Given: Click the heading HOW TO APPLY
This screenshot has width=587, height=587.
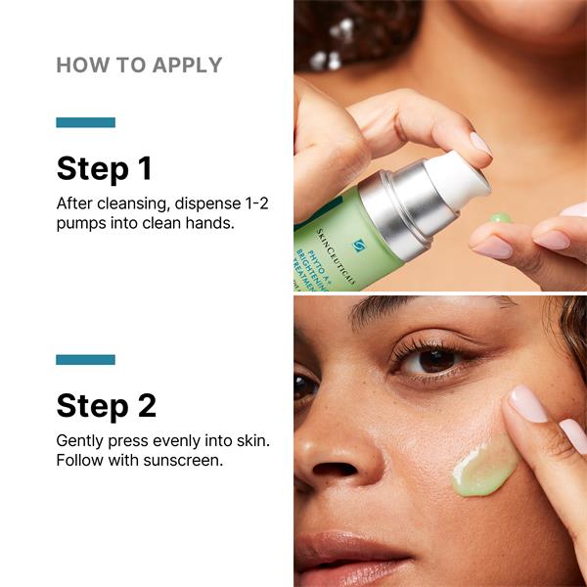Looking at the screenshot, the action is pyautogui.click(x=139, y=66).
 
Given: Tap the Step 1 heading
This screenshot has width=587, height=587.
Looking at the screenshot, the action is pyautogui.click(x=105, y=169).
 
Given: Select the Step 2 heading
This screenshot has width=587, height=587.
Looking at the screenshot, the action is pyautogui.click(x=107, y=406).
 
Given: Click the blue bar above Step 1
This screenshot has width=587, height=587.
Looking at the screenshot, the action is pyautogui.click(x=86, y=122).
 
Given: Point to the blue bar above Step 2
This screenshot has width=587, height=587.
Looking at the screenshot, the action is pyautogui.click(x=86, y=359).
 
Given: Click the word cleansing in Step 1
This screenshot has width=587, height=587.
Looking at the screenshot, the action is pyautogui.click(x=132, y=204).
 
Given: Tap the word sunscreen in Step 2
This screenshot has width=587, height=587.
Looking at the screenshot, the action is pyautogui.click(x=183, y=461).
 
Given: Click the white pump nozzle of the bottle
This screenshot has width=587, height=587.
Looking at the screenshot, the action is pyautogui.click(x=458, y=176).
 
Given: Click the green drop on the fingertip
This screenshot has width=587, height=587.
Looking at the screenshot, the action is pyautogui.click(x=501, y=218).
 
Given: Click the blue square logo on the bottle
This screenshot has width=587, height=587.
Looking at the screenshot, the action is pyautogui.click(x=360, y=246).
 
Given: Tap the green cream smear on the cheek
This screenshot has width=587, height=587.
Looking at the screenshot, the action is pyautogui.click(x=484, y=471).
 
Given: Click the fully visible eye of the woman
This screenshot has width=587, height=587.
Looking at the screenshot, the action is pyautogui.click(x=430, y=360).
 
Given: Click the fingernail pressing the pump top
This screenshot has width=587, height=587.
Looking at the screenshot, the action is pyautogui.click(x=480, y=144).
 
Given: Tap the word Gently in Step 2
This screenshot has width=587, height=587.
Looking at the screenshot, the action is pyautogui.click(x=80, y=442).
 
